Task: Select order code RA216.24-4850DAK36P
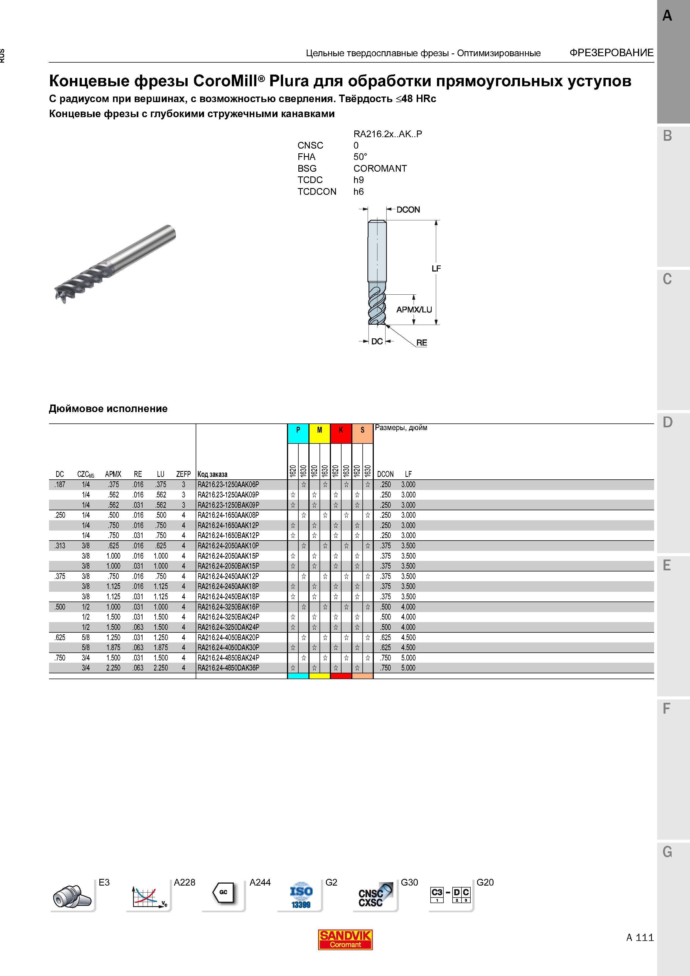(228, 668)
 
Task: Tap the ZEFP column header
(184, 474)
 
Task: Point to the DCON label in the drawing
(408, 210)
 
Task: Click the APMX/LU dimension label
(414, 309)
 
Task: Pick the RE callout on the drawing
(422, 342)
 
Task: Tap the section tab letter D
(667, 422)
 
